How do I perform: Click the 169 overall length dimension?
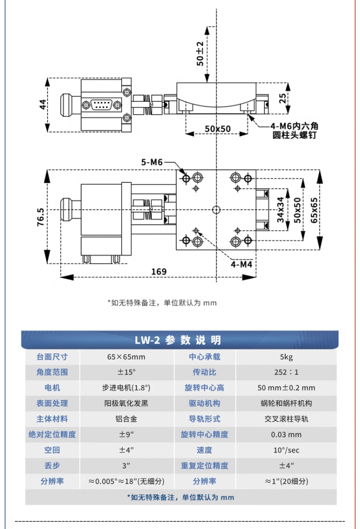tap(159, 272)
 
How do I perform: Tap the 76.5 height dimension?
tap(40, 216)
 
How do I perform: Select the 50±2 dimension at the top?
tap(200, 53)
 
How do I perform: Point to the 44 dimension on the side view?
tap(42, 104)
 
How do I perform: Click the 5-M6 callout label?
tap(152, 162)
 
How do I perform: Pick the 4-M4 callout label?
tap(242, 264)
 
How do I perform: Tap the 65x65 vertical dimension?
tap(314, 210)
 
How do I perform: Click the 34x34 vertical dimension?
tap(280, 210)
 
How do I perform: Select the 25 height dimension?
tap(283, 98)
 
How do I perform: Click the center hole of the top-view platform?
tap(216, 210)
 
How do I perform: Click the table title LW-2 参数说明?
tap(178, 340)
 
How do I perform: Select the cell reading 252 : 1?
tap(286, 372)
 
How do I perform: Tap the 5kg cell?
tap(286, 356)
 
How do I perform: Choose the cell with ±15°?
tap(126, 372)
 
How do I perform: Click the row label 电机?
tap(52, 387)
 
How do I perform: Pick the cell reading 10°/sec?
tap(286, 450)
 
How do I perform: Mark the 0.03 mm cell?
tap(286, 434)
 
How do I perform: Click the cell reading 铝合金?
tap(126, 419)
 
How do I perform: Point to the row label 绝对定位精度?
tap(52, 434)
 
